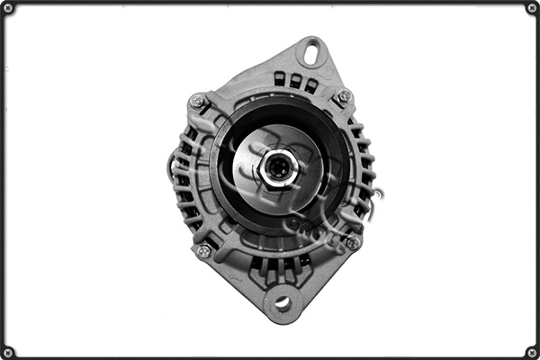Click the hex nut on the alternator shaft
(x=276, y=168)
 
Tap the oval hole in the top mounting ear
(x=311, y=54)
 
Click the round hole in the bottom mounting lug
(x=283, y=303)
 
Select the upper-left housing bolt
(x=197, y=102)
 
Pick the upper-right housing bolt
(x=343, y=96)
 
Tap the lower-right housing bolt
(x=352, y=242)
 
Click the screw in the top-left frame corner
(x=8, y=8)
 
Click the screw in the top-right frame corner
(x=531, y=8)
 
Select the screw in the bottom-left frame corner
(x=8, y=351)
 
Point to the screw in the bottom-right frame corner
(x=531, y=351)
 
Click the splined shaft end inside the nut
(x=277, y=168)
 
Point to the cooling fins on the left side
(x=184, y=180)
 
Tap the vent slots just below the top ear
(x=294, y=81)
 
